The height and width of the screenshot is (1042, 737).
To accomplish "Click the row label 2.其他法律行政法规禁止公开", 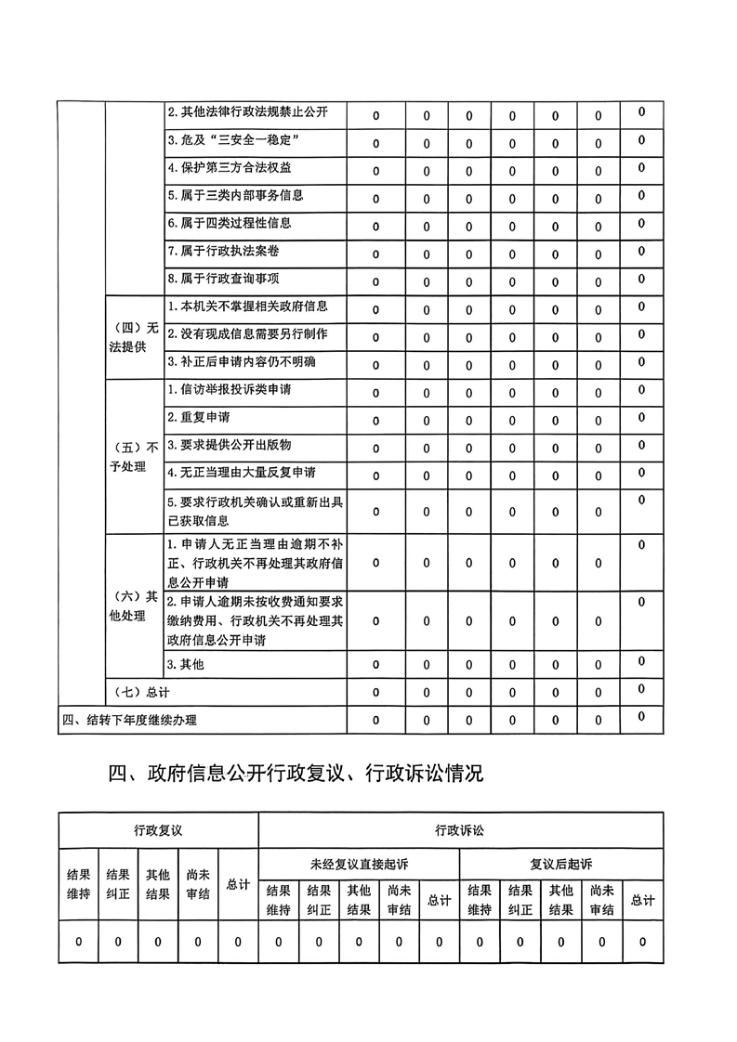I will (x=247, y=113).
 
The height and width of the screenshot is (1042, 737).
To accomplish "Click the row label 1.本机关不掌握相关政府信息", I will (x=247, y=306).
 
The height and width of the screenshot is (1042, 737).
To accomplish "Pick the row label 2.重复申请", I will (x=199, y=417).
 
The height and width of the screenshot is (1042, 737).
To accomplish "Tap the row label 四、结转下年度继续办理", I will (x=129, y=720).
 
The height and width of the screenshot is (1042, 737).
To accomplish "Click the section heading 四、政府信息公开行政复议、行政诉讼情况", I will (x=296, y=773).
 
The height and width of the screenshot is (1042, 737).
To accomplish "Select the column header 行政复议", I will (x=158, y=829).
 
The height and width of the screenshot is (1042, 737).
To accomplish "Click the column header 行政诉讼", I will (x=459, y=829).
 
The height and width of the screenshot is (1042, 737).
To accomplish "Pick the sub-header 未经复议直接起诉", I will (x=359, y=864).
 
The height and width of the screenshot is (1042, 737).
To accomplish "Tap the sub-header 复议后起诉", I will (x=560, y=864).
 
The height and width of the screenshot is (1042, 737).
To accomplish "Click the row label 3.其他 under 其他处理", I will (x=185, y=664).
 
